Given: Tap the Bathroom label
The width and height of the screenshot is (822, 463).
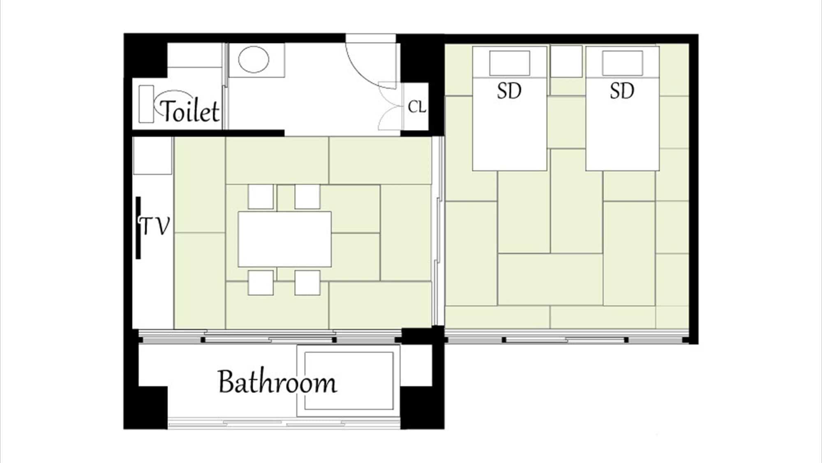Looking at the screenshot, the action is click(x=277, y=382).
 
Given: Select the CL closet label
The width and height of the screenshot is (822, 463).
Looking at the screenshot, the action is click(x=417, y=107).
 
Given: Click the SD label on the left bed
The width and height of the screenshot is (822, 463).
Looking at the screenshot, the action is click(x=509, y=91).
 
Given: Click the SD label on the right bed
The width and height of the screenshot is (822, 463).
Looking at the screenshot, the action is click(x=622, y=91).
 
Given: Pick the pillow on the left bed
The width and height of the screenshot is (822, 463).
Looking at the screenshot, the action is click(x=510, y=63).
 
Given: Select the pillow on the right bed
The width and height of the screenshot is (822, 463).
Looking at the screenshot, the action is click(x=622, y=63).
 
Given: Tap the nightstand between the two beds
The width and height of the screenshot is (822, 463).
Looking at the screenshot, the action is click(x=566, y=61).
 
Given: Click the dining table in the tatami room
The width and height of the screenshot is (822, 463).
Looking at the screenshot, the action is click(x=285, y=239).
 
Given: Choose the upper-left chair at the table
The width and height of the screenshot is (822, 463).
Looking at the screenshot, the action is click(x=261, y=197).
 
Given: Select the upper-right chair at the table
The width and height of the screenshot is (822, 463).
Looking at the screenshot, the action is click(x=307, y=197).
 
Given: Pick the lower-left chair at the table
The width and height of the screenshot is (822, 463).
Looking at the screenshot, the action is click(x=261, y=282).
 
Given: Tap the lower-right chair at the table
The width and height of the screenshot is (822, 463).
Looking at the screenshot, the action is click(x=307, y=282).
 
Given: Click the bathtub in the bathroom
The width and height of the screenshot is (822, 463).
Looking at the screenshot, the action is click(x=349, y=381).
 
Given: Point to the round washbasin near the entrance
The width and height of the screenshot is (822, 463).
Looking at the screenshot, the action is click(x=254, y=60).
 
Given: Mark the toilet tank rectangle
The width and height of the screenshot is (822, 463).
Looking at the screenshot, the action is click(x=146, y=104).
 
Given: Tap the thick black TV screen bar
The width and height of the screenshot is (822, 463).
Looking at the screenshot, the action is click(x=138, y=228).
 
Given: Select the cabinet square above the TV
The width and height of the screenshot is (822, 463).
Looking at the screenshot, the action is click(x=152, y=156).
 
